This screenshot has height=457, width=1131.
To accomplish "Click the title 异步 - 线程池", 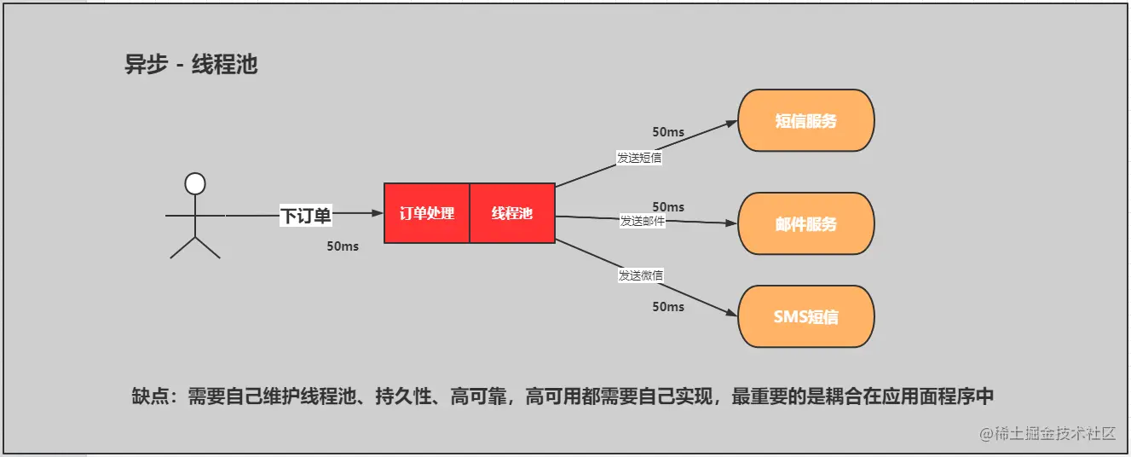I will click(x=191, y=64).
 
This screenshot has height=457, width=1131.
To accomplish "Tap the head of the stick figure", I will click(x=195, y=183).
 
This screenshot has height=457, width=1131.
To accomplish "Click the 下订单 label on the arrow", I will click(x=305, y=216).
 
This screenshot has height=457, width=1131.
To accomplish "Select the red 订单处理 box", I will click(x=427, y=213).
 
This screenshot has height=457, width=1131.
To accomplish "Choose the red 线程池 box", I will click(x=512, y=213).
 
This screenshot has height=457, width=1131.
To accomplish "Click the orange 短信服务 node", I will click(x=805, y=120).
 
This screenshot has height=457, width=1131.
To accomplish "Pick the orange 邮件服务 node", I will click(x=805, y=224).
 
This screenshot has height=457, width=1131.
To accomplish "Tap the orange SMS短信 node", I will click(x=805, y=316).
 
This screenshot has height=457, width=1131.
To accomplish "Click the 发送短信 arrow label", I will click(x=639, y=158).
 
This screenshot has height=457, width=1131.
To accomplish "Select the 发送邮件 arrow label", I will click(x=643, y=221).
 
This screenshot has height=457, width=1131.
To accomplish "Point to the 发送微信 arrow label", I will click(x=641, y=275).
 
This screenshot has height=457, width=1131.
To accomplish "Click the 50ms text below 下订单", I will click(x=343, y=246).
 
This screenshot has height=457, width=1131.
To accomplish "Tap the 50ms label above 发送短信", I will click(x=668, y=132).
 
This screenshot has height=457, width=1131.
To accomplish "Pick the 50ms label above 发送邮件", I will click(x=668, y=207).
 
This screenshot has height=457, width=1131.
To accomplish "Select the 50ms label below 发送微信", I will click(x=668, y=307).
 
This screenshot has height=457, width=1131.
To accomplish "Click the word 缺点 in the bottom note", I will click(x=152, y=396).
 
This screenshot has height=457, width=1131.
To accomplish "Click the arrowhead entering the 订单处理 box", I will click(x=378, y=213).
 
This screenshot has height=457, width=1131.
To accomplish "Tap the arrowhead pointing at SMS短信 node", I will click(x=732, y=314).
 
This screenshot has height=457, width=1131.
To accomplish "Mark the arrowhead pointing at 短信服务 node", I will click(x=732, y=123).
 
